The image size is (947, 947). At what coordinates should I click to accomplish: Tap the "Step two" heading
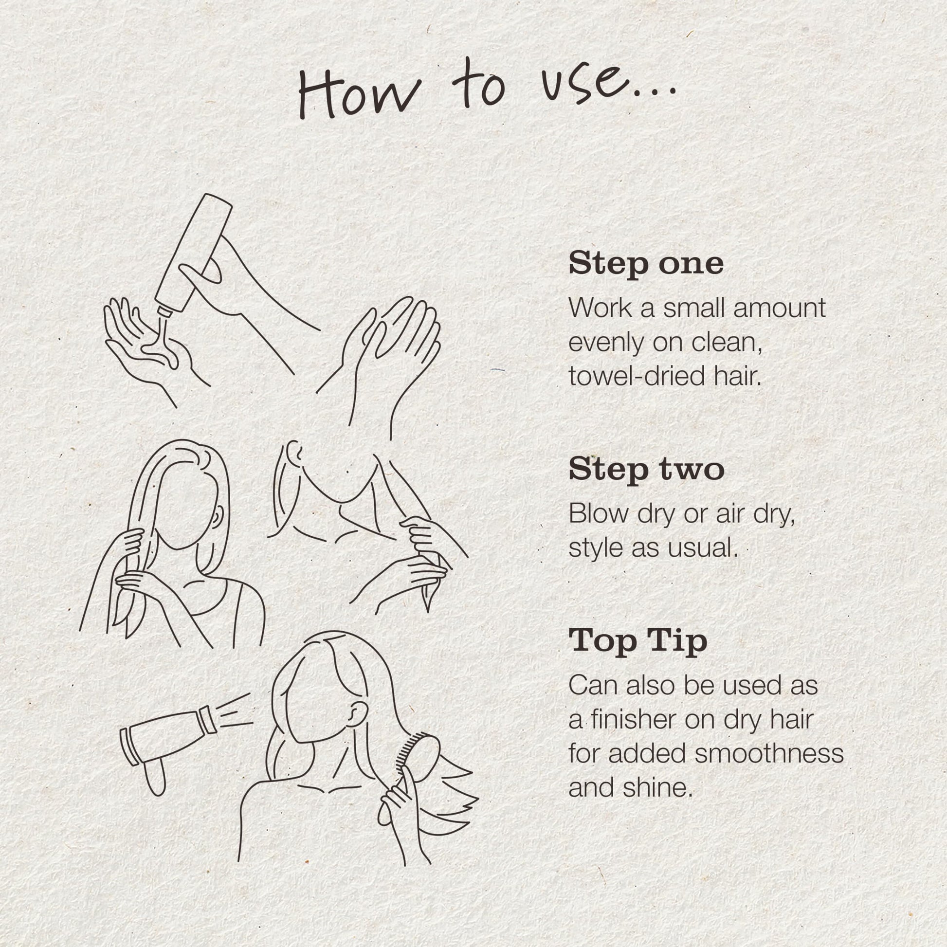pyautogui.click(x=647, y=470)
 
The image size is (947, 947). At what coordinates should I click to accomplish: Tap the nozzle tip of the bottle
pyautogui.click(x=165, y=310)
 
